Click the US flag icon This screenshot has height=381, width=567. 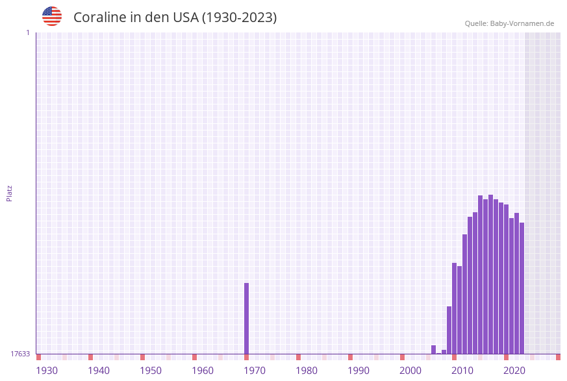pyautogui.click(x=52, y=16)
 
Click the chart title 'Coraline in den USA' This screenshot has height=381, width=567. pyautogui.click(x=175, y=18)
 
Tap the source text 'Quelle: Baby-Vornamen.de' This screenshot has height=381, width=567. pyautogui.click(x=509, y=23)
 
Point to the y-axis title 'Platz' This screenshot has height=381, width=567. pyautogui.click(x=9, y=193)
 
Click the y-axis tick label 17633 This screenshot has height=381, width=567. pyautogui.click(x=20, y=354)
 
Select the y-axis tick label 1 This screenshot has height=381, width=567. pyautogui.click(x=27, y=32)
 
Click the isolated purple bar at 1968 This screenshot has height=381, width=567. pyautogui.click(x=247, y=318)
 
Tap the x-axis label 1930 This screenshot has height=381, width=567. pyautogui.click(x=47, y=370)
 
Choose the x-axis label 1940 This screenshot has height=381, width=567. pyautogui.click(x=99, y=370)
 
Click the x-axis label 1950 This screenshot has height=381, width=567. pyautogui.click(x=151, y=370)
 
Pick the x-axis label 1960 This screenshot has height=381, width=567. pyautogui.click(x=203, y=370)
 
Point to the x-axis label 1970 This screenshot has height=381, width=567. pyautogui.click(x=255, y=370)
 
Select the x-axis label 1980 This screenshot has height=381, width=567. pyautogui.click(x=307, y=370)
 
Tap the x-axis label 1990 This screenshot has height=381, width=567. pyautogui.click(x=359, y=370)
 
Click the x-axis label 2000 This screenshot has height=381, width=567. pyautogui.click(x=410, y=370)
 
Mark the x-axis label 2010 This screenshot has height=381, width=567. pyautogui.click(x=462, y=370)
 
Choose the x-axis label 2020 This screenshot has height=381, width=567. pyautogui.click(x=514, y=370)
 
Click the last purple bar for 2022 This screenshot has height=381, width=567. pyautogui.click(x=522, y=288)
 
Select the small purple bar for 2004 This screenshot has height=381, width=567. pyautogui.click(x=434, y=349)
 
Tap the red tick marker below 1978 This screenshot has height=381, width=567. pyautogui.click(x=299, y=357)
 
